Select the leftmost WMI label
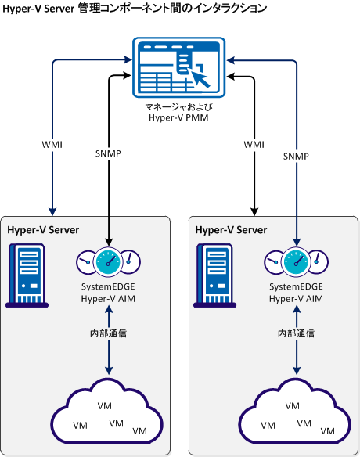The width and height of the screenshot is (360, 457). pyautogui.click(x=52, y=145)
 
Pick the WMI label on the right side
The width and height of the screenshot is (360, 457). pyautogui.click(x=254, y=145)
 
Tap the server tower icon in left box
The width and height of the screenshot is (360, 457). pyautogui.click(x=25, y=274)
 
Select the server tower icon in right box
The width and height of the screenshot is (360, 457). pyautogui.click(x=213, y=274)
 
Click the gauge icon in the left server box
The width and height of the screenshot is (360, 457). pyautogui.click(x=108, y=261)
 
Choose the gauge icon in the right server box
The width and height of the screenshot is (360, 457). pyautogui.click(x=296, y=261)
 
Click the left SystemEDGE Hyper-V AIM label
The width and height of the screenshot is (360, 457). pyautogui.click(x=109, y=293)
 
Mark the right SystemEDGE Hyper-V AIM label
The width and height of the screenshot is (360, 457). pyautogui.click(x=296, y=293)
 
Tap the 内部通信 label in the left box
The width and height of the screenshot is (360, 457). pyautogui.click(x=108, y=333)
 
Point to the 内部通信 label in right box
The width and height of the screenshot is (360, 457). pyautogui.click(x=296, y=333)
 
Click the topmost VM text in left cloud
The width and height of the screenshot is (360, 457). pyautogui.click(x=103, y=405)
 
